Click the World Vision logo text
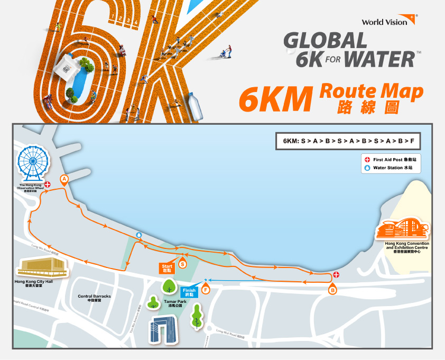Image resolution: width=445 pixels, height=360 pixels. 385,22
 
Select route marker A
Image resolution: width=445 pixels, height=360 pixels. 64,180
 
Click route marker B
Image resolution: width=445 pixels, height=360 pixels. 332,289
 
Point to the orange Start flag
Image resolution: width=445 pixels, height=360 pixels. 167,267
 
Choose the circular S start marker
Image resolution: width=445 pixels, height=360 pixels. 183,263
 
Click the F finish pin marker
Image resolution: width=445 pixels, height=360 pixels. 205,289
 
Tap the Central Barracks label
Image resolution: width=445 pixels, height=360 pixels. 94,297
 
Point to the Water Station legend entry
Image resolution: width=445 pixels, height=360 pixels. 388,168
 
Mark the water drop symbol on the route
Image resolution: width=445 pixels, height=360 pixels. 139,234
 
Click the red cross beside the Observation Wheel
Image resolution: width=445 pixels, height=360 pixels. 48,184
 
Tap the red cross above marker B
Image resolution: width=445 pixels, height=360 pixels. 336,275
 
